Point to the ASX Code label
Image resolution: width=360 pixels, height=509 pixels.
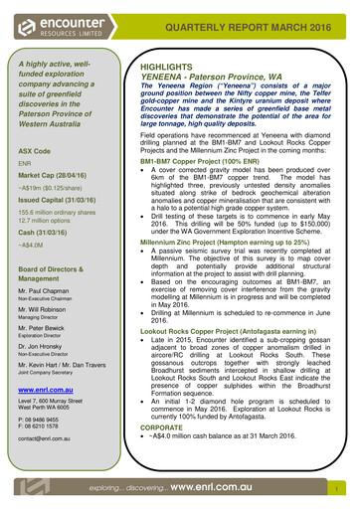35,150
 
